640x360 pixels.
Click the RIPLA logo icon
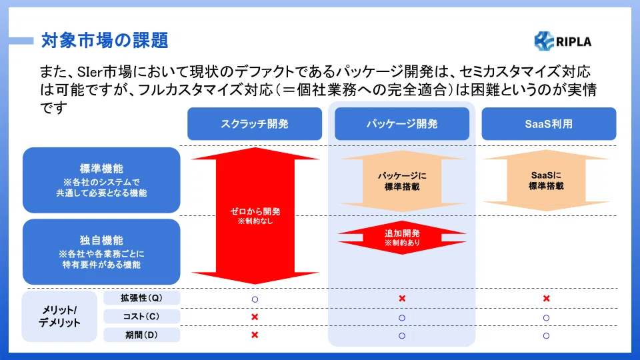(x=544, y=41)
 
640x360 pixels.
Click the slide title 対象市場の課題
(x=105, y=41)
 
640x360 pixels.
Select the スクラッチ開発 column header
(x=255, y=124)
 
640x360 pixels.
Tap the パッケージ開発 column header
(x=402, y=124)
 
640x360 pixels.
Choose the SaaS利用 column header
(x=549, y=124)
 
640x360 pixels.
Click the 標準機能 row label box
(x=101, y=180)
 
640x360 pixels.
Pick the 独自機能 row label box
(x=101, y=252)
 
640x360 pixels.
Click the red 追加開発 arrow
(x=402, y=237)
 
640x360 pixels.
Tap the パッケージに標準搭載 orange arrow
(x=402, y=181)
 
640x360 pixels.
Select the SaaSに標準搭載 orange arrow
(x=546, y=180)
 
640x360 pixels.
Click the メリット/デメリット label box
(x=59, y=316)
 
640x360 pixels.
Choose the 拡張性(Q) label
(x=141, y=298)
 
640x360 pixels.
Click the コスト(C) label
(x=141, y=316)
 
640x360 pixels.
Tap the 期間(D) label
(x=141, y=335)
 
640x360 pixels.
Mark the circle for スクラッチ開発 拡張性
(x=255, y=299)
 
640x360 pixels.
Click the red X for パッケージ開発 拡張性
(x=402, y=299)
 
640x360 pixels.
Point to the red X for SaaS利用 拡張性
(x=547, y=299)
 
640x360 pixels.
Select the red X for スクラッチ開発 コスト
(x=255, y=317)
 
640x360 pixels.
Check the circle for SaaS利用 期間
(x=547, y=335)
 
